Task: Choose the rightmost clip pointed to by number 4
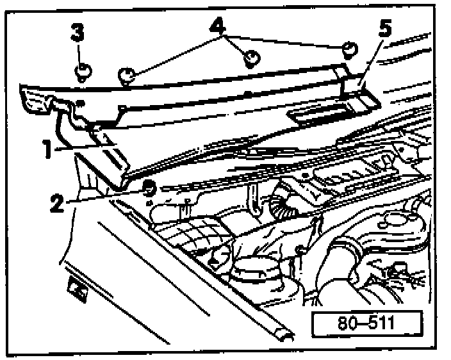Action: tap(349, 50)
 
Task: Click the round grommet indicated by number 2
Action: tap(148, 188)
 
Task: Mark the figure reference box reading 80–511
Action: tap(367, 323)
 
